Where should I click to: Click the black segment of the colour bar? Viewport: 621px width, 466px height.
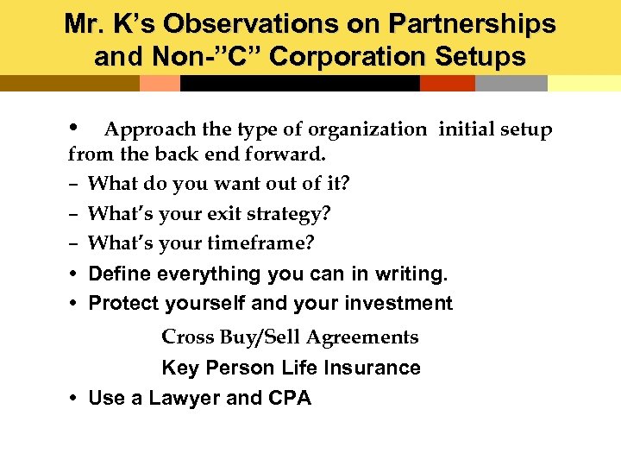(299, 83)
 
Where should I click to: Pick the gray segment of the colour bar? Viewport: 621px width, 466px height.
(511, 83)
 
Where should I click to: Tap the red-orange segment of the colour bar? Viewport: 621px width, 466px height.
(447, 83)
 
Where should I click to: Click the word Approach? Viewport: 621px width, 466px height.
(150, 129)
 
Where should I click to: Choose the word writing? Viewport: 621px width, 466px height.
(405, 274)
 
